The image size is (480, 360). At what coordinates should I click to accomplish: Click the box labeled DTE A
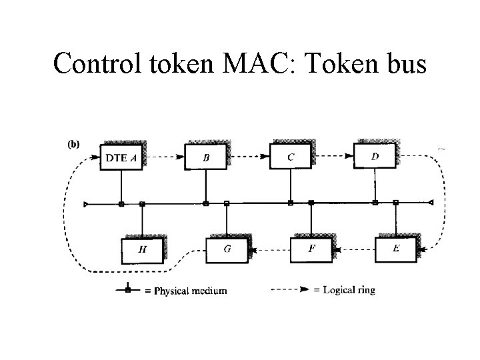pyautogui.click(x=121, y=157)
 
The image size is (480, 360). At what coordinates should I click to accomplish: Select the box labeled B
pyautogui.click(x=205, y=157)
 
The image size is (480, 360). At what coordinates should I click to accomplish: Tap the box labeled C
pyautogui.click(x=290, y=157)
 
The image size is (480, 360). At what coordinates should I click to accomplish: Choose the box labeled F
pyautogui.click(x=311, y=249)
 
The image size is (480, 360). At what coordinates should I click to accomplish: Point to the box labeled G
pyautogui.click(x=227, y=249)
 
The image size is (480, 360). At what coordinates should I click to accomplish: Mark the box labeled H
pyautogui.click(x=142, y=250)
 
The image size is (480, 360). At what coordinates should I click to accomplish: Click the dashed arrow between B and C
pyautogui.click(x=248, y=158)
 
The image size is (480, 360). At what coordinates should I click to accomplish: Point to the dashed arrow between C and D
pyautogui.click(x=332, y=157)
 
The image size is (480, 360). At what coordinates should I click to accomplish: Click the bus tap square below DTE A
pyautogui.click(x=121, y=203)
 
